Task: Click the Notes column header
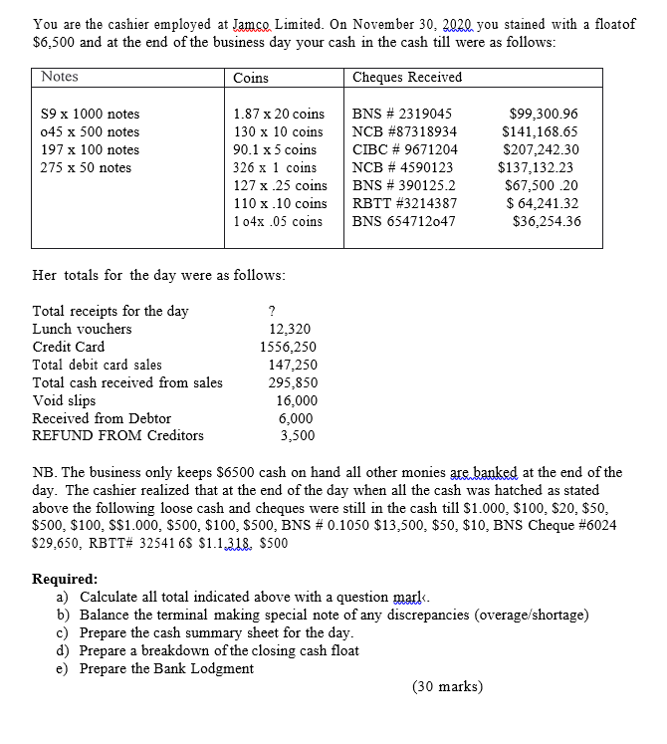(x=60, y=77)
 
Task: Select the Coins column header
(x=250, y=77)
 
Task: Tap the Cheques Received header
(x=407, y=77)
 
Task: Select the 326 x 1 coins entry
(x=274, y=167)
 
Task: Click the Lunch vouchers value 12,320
(x=290, y=329)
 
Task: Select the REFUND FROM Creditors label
(x=117, y=435)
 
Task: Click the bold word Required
(x=66, y=579)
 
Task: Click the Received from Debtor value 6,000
(x=296, y=418)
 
